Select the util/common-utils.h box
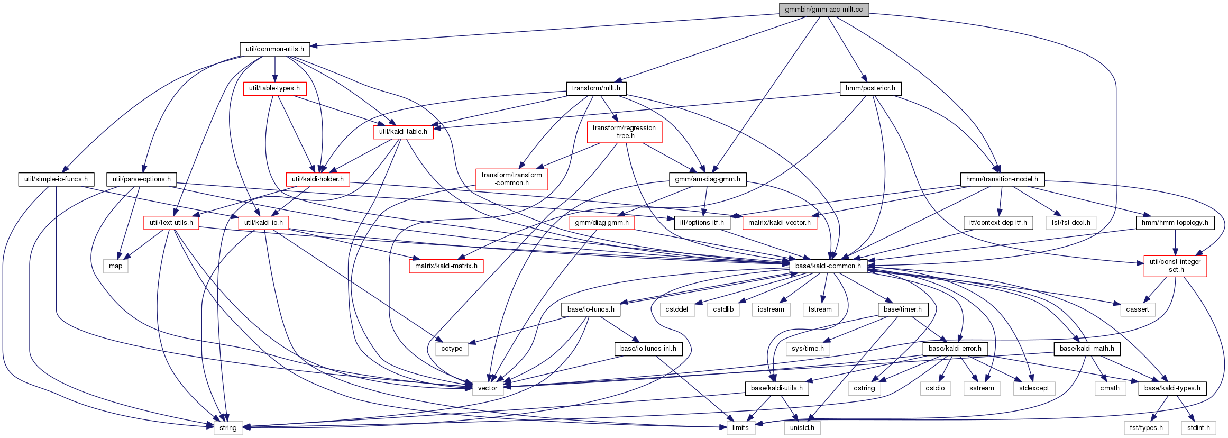tap(274, 49)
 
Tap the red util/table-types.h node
tap(274, 88)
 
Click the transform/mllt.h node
tap(596, 88)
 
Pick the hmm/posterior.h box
tap(870, 88)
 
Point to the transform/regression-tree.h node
tap(624, 132)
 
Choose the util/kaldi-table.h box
tap(403, 132)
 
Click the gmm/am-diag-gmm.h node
tap(708, 179)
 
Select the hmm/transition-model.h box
tap(1002, 179)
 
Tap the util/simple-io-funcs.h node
tap(56, 179)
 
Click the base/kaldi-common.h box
tap(828, 266)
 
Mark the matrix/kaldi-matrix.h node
tap(446, 266)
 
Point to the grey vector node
tap(488, 388)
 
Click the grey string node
tap(228, 428)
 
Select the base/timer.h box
tap(903, 309)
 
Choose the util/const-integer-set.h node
tap(1175, 266)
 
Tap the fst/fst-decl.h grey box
tap(1071, 223)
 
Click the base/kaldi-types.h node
tap(1172, 388)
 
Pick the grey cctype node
tap(452, 349)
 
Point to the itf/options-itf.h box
tap(702, 223)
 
